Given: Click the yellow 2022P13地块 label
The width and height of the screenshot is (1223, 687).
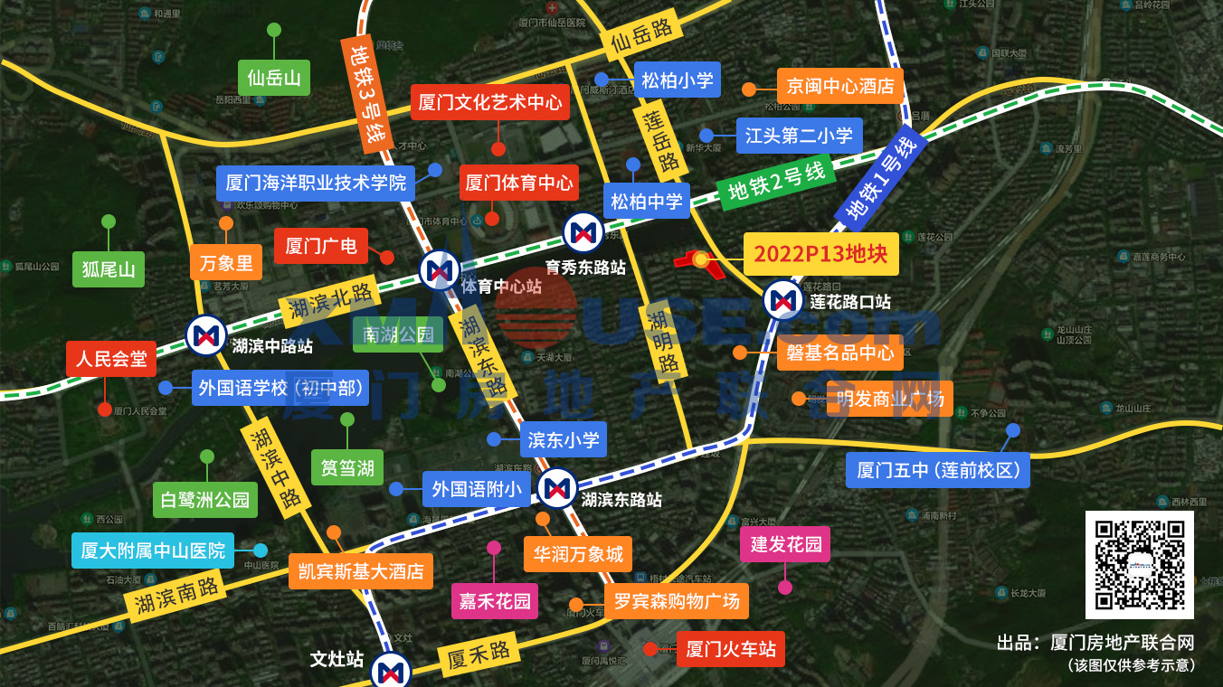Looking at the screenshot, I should coord(820,254).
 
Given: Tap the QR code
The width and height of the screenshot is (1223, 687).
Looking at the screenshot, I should coord(1139,564).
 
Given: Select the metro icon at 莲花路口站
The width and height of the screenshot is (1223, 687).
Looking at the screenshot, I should coord(783,300).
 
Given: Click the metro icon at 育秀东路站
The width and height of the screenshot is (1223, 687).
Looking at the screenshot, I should coord(583,233).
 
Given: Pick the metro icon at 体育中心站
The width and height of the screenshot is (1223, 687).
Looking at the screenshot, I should coord(441,270).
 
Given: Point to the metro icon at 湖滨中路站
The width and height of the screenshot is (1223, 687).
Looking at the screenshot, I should coord(206,335).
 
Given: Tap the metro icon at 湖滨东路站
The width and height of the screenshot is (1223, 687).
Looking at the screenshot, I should coord(557,489).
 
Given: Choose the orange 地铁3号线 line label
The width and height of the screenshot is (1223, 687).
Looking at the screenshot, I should coord(368,95).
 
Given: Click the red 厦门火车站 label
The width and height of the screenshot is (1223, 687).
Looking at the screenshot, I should coord(730,649).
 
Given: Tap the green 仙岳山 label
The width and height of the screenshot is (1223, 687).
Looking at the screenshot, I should coord(273,78).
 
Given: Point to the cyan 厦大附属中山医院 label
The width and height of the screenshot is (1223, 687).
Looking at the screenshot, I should coord(153,550).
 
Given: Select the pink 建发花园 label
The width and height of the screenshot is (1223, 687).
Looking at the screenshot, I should coord(785,544).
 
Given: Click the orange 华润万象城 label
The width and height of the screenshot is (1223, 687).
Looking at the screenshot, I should coord(577,553).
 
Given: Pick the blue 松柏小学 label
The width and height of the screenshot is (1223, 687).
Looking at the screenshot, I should coord(677,80).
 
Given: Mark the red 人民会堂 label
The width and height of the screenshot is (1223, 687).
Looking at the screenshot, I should coord(111,359).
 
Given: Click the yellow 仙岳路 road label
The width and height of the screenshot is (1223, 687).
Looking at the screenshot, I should coord(641,37).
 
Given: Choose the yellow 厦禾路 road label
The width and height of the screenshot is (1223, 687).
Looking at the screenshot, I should coord(479,655).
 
